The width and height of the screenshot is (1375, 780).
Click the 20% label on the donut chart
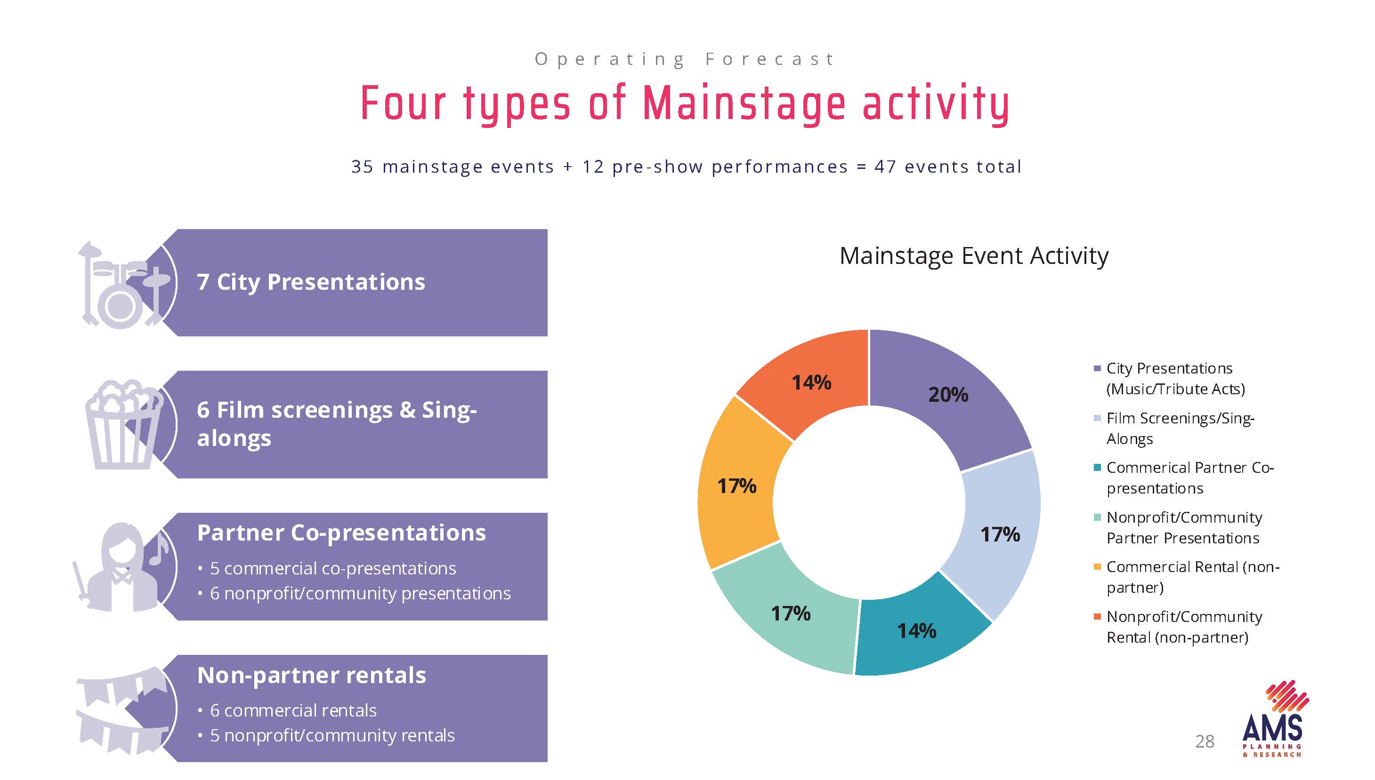948,395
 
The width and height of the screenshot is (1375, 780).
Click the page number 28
1205,741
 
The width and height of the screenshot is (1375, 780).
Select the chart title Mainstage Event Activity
973,255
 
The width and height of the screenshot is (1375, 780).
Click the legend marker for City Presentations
1097,368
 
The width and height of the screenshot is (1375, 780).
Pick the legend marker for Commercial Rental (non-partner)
1097,567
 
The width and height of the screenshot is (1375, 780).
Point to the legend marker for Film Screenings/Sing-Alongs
1097,418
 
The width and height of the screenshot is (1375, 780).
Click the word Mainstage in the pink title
744,103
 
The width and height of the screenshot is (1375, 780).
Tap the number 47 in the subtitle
885,167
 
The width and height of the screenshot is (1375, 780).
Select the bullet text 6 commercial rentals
293,710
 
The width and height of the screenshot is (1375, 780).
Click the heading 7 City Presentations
311,282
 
